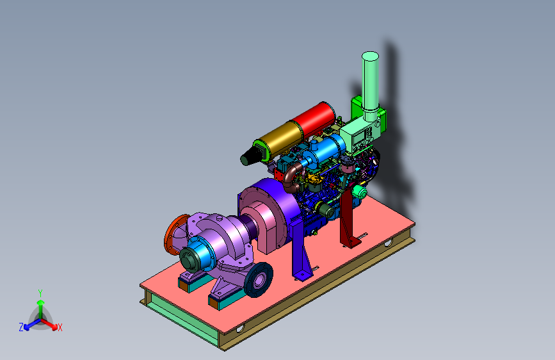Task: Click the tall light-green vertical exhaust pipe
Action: [x=370, y=85]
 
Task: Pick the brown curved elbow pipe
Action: [x=292, y=178]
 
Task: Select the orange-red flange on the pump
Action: [x=175, y=234]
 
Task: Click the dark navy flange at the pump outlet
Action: [x=259, y=280]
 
